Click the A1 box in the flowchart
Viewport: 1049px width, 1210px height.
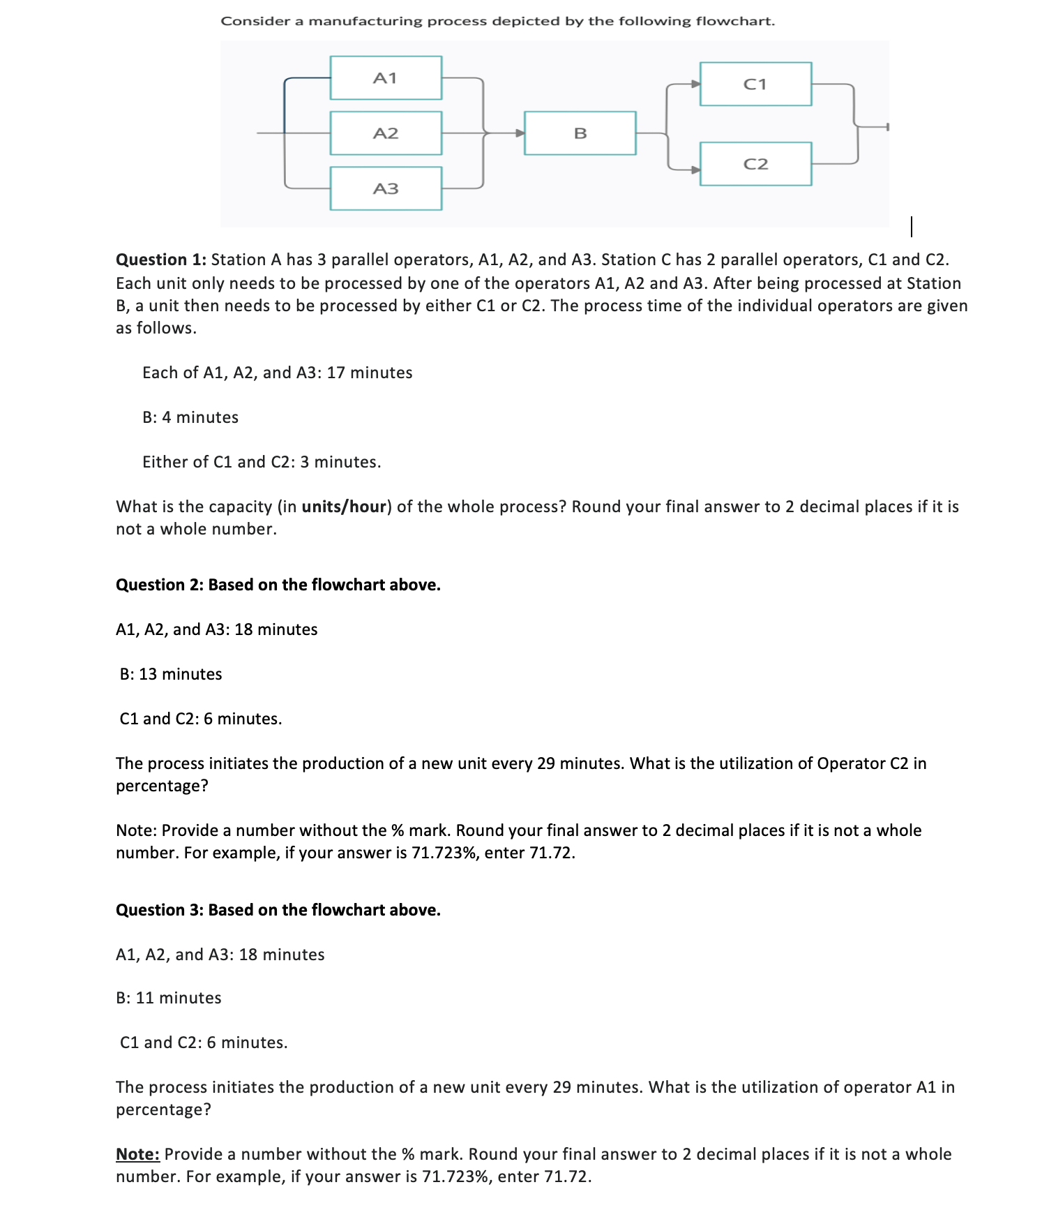tap(386, 77)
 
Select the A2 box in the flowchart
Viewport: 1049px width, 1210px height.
tap(386, 133)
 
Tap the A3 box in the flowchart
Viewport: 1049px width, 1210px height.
tap(386, 188)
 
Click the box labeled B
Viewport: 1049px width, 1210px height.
tap(580, 133)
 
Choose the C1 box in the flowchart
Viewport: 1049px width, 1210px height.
tap(755, 84)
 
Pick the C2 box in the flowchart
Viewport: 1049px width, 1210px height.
tap(755, 164)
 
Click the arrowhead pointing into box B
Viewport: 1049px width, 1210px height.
tap(519, 133)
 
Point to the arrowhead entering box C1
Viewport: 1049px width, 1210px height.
tap(695, 84)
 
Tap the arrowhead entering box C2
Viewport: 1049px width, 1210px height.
tap(695, 169)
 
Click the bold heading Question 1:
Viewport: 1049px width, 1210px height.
tap(161, 260)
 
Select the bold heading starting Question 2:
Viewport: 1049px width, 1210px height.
tap(278, 585)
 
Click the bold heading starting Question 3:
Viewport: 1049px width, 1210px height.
tap(278, 910)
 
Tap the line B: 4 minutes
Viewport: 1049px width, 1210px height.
tap(190, 417)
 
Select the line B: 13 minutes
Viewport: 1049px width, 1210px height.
tap(171, 674)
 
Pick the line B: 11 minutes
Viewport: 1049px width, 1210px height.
tap(169, 998)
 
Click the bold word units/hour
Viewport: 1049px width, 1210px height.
tap(344, 507)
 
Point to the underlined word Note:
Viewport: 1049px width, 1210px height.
tap(137, 1154)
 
